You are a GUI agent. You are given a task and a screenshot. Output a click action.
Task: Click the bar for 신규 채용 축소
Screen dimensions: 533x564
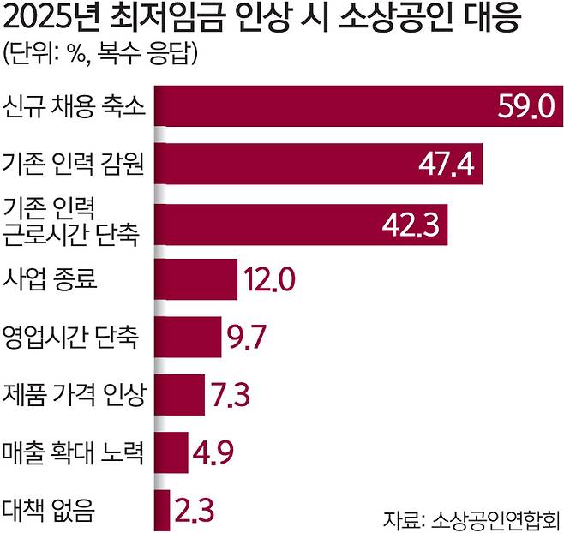(x=326, y=107)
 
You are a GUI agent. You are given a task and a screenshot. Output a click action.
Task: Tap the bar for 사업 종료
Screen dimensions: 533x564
(x=196, y=279)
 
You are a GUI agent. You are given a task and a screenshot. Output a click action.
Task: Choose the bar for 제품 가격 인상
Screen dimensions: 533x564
(x=180, y=396)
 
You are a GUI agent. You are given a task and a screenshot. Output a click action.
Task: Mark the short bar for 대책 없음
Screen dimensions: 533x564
(x=162, y=510)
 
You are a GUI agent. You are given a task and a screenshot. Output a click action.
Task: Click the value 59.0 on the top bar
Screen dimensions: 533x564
(x=525, y=107)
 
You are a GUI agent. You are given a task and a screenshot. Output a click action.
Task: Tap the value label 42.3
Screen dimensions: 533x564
(x=411, y=224)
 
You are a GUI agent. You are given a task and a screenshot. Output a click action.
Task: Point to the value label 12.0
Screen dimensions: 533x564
(x=270, y=279)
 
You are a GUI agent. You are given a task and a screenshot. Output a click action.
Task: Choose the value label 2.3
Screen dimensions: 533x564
(x=194, y=511)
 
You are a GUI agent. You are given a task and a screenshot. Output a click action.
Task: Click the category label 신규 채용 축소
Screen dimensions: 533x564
(x=74, y=108)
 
